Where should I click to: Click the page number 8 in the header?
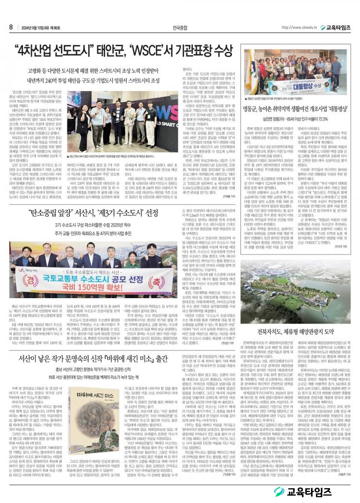pos(11,27)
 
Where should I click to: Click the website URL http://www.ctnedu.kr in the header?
pos(300,27)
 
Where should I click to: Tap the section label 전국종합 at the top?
pos(180,27)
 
